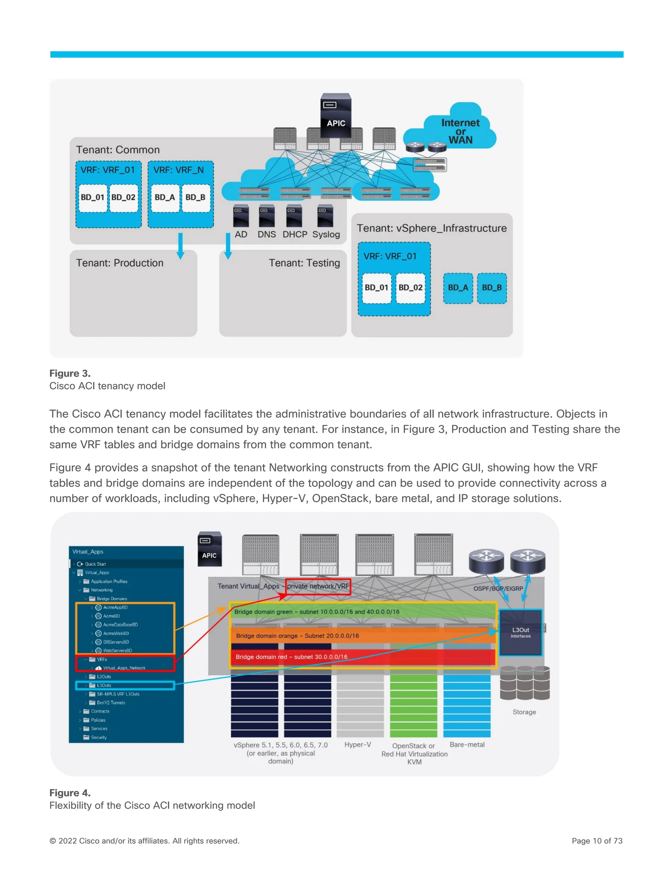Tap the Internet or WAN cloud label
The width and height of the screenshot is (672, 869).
click(x=460, y=131)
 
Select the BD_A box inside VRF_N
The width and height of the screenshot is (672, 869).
click(x=164, y=197)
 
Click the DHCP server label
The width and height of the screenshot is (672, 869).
click(x=295, y=234)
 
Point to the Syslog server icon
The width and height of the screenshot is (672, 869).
click(x=325, y=216)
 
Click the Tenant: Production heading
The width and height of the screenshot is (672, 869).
click(x=120, y=263)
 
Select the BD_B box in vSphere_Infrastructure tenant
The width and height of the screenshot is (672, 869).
click(x=492, y=288)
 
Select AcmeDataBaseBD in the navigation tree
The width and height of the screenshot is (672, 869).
click(x=120, y=625)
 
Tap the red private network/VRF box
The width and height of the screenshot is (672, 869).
click(x=318, y=586)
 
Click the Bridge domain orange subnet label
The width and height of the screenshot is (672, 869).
click(x=297, y=636)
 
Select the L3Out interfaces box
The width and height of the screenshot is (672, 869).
click(x=520, y=633)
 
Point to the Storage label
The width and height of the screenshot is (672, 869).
click(x=524, y=712)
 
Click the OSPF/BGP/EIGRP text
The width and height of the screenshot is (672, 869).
click(x=498, y=589)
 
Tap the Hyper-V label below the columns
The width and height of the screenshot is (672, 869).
click(x=358, y=744)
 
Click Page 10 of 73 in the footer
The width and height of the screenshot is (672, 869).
click(x=597, y=841)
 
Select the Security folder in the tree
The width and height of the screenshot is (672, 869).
click(x=98, y=737)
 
